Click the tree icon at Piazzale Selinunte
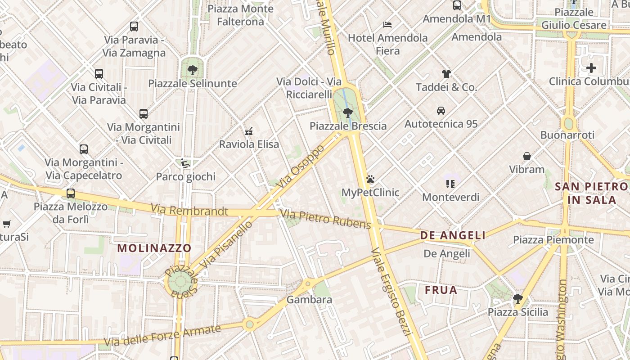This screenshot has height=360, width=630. point(193,70)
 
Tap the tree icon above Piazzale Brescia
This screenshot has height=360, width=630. point(347,112)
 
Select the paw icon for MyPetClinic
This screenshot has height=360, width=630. point(370,180)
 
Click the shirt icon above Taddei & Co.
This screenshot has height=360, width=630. point(446,74)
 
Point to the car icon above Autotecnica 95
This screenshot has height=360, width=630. point(441,111)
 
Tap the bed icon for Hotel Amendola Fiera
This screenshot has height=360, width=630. point(387,24)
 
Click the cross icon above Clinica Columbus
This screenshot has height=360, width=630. point(591,68)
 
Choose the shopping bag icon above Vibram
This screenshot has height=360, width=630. point(527,156)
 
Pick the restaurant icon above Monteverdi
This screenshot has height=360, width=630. point(450,184)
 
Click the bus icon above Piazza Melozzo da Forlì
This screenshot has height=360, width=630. point(71,193)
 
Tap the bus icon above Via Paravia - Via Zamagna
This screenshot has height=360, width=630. point(134,27)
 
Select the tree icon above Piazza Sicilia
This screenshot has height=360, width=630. point(518,299)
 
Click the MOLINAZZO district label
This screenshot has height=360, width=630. point(154,248)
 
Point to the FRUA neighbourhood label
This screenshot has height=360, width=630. point(441,290)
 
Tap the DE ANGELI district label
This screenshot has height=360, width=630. point(453,235)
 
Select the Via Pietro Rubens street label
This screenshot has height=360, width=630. point(325,219)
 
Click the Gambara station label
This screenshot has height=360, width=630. point(309,300)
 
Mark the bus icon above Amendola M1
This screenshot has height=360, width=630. point(457,5)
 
